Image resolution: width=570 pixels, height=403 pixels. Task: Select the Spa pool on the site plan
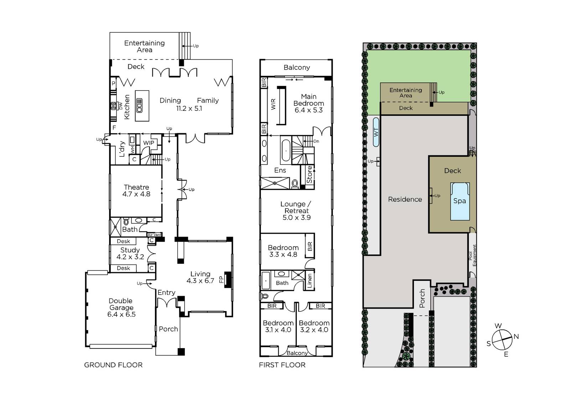(460, 201)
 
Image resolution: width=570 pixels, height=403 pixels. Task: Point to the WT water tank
(376, 132)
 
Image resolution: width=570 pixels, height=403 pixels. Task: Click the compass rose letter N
(516, 337)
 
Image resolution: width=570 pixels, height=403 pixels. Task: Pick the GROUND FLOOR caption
(113, 365)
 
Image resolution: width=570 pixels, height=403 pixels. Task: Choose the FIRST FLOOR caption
(282, 365)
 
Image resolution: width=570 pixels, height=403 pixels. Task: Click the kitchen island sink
(139, 106)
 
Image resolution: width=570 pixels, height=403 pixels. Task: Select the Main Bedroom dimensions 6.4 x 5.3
(309, 110)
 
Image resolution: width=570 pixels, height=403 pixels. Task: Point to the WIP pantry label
(149, 143)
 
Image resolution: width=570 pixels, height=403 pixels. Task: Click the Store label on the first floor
(310, 175)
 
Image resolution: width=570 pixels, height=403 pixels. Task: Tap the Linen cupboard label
(310, 281)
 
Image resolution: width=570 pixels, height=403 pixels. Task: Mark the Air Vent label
(155, 235)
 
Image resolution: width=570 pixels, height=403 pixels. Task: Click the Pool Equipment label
(472, 255)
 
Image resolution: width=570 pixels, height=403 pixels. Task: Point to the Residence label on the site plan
(405, 199)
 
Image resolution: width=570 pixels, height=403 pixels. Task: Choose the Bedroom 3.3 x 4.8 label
(283, 251)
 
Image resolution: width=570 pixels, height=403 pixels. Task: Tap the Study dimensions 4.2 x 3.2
(130, 257)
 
